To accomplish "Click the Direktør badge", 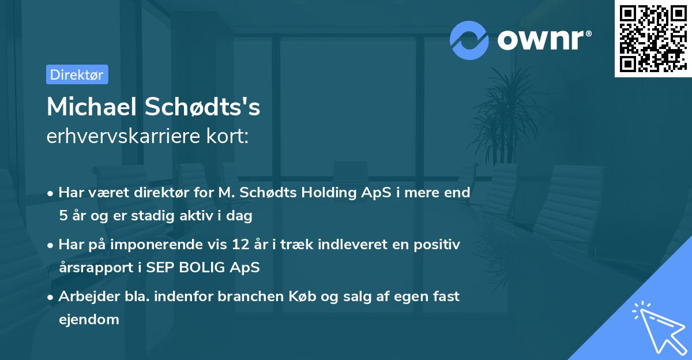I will (77, 74).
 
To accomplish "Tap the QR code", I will (653, 38).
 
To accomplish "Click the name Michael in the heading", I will (92, 107).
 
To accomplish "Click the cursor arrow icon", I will (657, 326).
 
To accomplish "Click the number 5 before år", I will (62, 216).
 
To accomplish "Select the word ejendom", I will (89, 319).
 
